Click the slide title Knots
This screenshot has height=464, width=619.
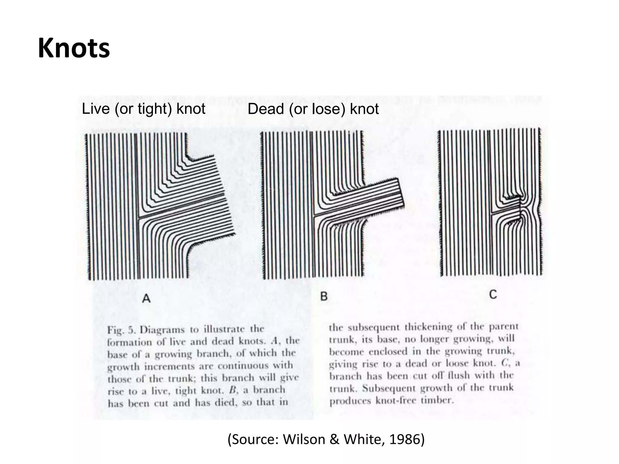point(74,49)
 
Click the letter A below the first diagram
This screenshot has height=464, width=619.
point(146,298)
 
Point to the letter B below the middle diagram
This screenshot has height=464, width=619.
point(324,296)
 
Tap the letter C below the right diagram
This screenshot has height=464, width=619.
point(493,294)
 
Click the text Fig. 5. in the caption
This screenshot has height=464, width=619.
point(121,330)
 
